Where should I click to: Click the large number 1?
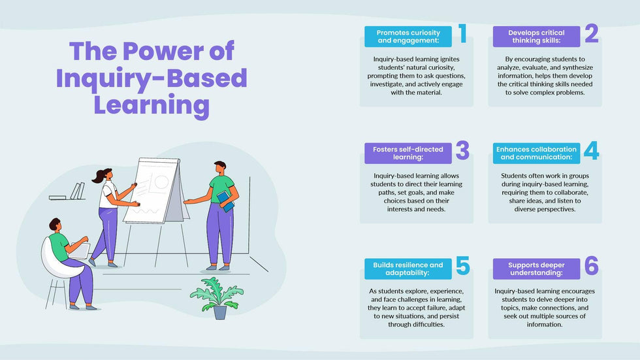pyautogui.click(x=462, y=33)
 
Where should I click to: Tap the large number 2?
pyautogui.click(x=591, y=33)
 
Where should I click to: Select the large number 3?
pyautogui.click(x=462, y=151)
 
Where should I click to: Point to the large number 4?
pyautogui.click(x=591, y=151)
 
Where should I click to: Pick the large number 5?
pyautogui.click(x=462, y=266)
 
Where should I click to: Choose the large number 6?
pyautogui.click(x=591, y=266)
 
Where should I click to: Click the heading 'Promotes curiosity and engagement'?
pyautogui.click(x=408, y=37)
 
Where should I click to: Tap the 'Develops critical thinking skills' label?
pyautogui.click(x=536, y=37)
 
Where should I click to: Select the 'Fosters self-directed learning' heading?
pyautogui.click(x=408, y=154)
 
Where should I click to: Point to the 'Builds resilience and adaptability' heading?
pyautogui.click(x=408, y=269)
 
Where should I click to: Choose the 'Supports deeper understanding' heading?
pyautogui.click(x=536, y=269)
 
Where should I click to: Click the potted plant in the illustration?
pyautogui.click(x=217, y=297)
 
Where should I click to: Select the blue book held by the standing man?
pyautogui.click(x=225, y=201)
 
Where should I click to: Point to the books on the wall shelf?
pyautogui.click(x=76, y=191)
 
